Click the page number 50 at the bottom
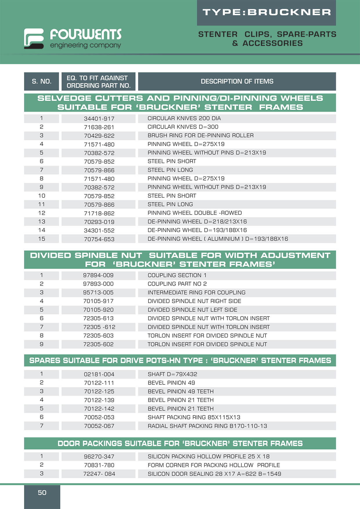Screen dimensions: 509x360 pyautogui.click(x=42, y=492)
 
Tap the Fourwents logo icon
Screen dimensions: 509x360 pyautogui.click(x=34, y=38)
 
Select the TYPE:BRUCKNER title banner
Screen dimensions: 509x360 pyautogui.click(x=266, y=12)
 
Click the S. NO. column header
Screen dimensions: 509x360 pyautogui.click(x=41, y=82)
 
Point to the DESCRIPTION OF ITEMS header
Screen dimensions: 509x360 pyautogui.click(x=237, y=82)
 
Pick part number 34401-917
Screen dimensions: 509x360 pyautogui.click(x=99, y=119)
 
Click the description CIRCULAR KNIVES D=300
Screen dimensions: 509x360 pyautogui.click(x=183, y=127)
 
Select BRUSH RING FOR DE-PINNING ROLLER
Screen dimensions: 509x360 pyautogui.click(x=200, y=136)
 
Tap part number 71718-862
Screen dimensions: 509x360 pyautogui.click(x=99, y=213)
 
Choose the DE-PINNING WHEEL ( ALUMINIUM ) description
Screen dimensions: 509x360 pyautogui.click(x=218, y=239)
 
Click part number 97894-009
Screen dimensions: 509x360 pyautogui.click(x=98, y=275)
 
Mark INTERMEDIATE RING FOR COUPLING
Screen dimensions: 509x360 pyautogui.click(x=196, y=293)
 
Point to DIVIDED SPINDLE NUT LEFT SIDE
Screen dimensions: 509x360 pyautogui.click(x=192, y=310)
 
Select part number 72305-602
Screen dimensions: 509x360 pyautogui.click(x=98, y=344)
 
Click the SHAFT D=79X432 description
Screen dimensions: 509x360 pyautogui.click(x=172, y=374)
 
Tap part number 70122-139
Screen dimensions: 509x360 pyautogui.click(x=99, y=400)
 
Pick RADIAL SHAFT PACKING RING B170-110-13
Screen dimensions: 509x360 pyautogui.click(x=207, y=426)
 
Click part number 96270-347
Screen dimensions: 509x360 pyautogui.click(x=99, y=456)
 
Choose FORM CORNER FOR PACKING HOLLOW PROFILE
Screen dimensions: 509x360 pyautogui.click(x=214, y=465)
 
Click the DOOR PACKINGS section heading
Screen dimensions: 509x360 pyautogui.click(x=180, y=443)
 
